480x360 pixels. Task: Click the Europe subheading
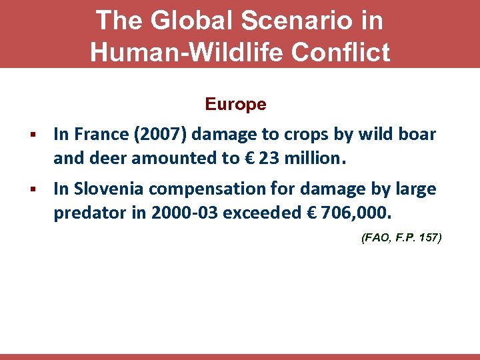pos(235,105)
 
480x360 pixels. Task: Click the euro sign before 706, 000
pos(310,213)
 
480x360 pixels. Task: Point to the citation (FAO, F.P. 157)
pos(401,237)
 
